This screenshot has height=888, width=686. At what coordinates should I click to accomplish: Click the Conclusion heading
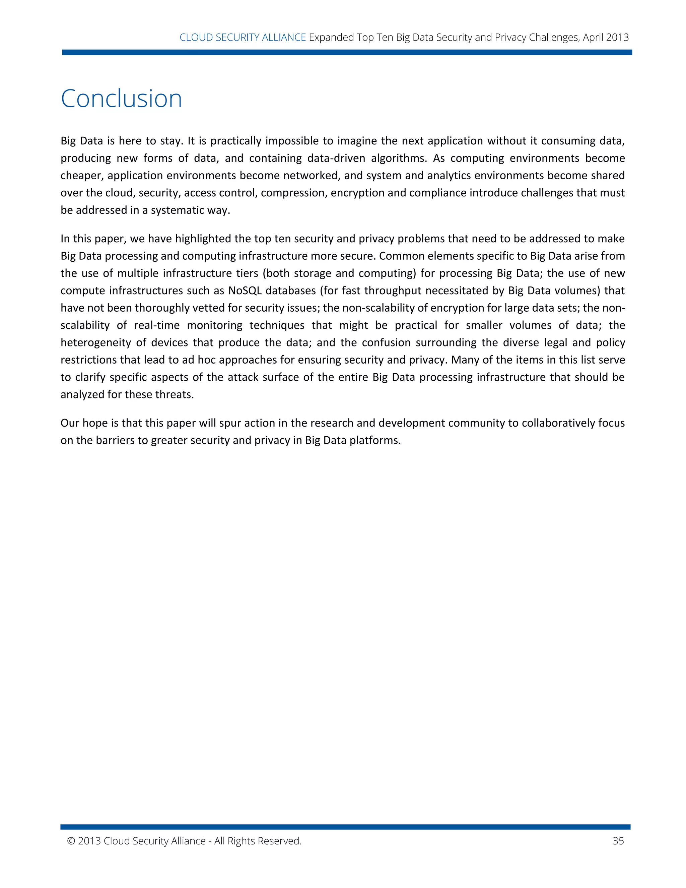(x=121, y=99)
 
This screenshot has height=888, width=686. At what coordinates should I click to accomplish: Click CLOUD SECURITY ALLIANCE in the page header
(x=243, y=38)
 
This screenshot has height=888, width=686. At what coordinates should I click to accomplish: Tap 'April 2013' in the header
(x=606, y=38)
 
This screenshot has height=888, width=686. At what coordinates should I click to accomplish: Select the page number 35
(x=618, y=841)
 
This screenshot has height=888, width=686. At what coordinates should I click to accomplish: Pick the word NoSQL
(x=245, y=291)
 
